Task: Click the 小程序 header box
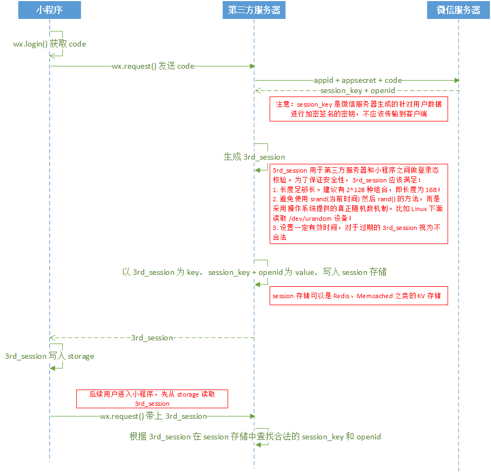[x=49, y=10]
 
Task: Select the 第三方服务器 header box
[x=254, y=10]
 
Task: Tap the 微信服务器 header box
[x=458, y=10]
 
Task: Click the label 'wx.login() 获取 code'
[x=49, y=44]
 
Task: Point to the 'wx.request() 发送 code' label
[x=153, y=66]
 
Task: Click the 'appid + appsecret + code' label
[x=358, y=80]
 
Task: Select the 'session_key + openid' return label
[x=357, y=90]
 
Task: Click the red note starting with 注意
[x=359, y=109]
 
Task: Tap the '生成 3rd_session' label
[x=254, y=156]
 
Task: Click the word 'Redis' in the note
[x=341, y=296]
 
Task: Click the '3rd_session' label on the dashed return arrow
[x=152, y=338]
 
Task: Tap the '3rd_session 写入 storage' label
[x=49, y=356]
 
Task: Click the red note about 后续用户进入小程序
[x=152, y=399]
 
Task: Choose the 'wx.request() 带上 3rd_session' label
[x=153, y=416]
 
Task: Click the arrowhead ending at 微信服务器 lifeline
[x=456, y=80]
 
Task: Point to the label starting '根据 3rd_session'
[x=255, y=436]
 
